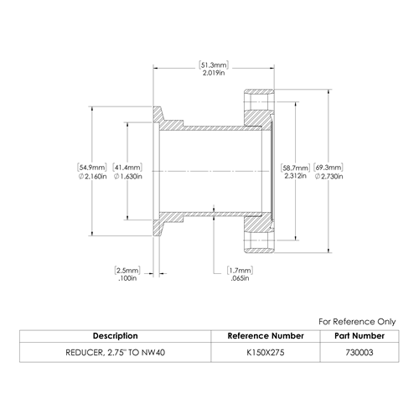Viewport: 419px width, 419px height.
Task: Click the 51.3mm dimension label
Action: (x=214, y=65)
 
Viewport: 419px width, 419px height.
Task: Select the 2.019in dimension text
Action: (x=214, y=73)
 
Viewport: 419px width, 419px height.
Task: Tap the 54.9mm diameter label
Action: (x=92, y=168)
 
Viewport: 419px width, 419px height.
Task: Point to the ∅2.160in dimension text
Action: (x=92, y=177)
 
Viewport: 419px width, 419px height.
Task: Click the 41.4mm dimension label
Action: (x=127, y=168)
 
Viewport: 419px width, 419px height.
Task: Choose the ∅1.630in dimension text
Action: (x=128, y=177)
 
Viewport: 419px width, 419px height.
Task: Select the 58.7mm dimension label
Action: (x=296, y=168)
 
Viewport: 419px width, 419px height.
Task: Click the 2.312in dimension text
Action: (x=296, y=176)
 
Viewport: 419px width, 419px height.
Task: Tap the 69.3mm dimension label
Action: (x=328, y=168)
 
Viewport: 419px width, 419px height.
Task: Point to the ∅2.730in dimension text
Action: (x=328, y=177)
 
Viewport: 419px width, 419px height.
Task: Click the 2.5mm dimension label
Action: (x=127, y=271)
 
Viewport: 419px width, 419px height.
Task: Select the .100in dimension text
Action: (x=127, y=278)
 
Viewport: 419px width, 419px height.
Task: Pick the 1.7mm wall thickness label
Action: (x=240, y=271)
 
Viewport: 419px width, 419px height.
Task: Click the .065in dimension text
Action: (x=240, y=278)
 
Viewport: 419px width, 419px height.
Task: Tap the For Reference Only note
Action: (x=357, y=322)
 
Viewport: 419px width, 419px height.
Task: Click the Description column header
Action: (x=116, y=336)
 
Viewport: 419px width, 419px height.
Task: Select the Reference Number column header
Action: (x=266, y=336)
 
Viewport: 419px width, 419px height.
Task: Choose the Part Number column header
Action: (x=360, y=336)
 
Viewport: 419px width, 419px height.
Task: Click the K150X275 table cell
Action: (x=266, y=353)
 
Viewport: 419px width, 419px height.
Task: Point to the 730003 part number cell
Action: (x=360, y=353)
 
